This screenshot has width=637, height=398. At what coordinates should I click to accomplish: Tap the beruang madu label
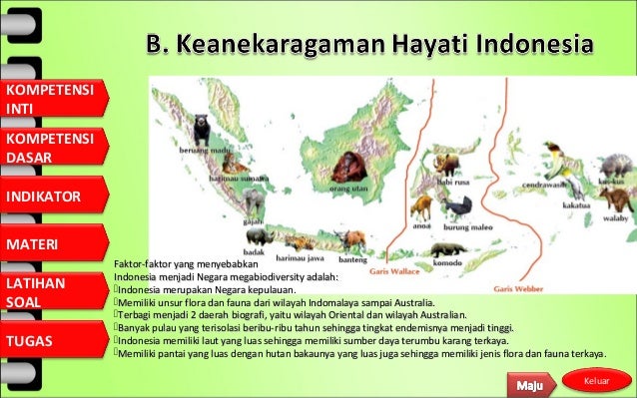(200, 149)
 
